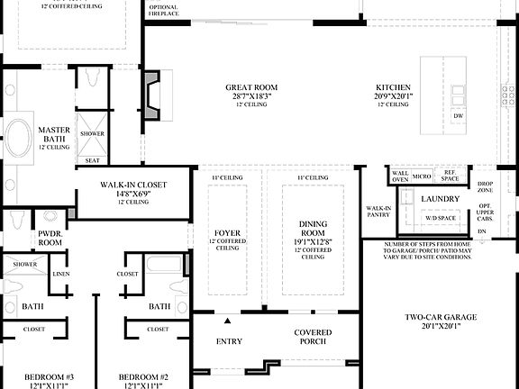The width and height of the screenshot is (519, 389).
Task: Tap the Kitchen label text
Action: [x=393, y=88]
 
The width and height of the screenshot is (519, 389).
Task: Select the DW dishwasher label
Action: [x=459, y=116]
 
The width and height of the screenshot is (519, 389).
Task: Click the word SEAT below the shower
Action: [x=92, y=160]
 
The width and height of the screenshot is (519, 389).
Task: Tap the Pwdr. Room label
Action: [x=50, y=237]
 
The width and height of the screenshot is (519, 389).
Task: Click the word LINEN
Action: [x=61, y=274]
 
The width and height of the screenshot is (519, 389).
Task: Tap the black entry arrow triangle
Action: [x=229, y=321]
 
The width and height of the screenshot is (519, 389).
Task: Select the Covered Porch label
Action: [x=313, y=338]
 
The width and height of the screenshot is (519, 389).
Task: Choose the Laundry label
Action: [x=441, y=199]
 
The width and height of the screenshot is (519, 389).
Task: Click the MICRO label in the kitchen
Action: [x=421, y=176]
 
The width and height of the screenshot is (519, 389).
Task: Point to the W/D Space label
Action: [x=442, y=218]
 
